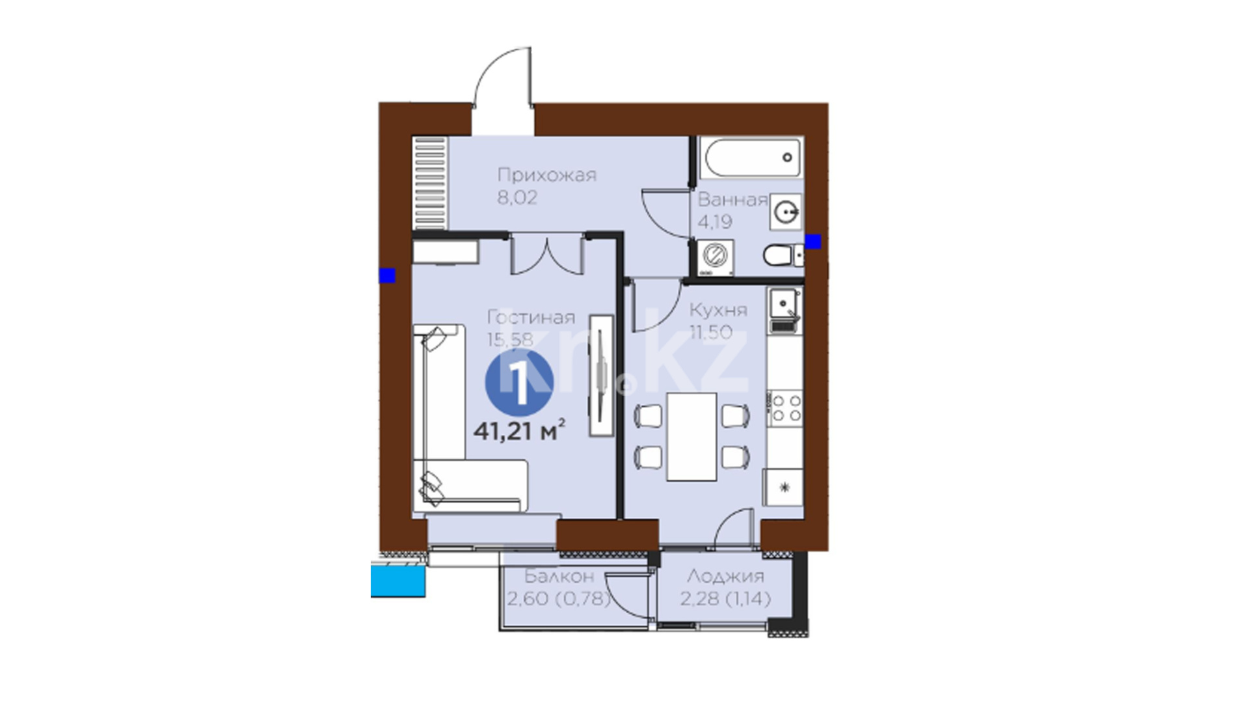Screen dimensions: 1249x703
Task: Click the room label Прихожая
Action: (546, 176)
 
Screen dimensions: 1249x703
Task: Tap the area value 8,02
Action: (517, 198)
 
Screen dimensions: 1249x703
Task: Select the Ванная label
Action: (732, 200)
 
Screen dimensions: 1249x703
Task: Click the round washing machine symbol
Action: (715, 258)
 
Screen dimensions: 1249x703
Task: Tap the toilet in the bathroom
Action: (783, 256)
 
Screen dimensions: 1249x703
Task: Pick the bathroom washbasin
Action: (786, 211)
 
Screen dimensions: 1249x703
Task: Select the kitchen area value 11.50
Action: (711, 333)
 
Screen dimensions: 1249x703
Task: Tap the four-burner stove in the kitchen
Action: (785, 408)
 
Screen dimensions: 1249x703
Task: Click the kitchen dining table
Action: (692, 436)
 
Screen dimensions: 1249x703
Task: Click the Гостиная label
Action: (531, 318)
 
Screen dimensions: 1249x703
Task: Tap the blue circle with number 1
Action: (519, 383)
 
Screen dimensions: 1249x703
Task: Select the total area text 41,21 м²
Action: (518, 431)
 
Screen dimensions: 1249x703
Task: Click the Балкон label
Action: (559, 576)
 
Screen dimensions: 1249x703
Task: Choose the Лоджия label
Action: (725, 576)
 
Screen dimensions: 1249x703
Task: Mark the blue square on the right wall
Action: (813, 241)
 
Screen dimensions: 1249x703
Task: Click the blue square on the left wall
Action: (387, 275)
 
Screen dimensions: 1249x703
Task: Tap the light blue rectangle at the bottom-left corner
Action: (398, 581)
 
